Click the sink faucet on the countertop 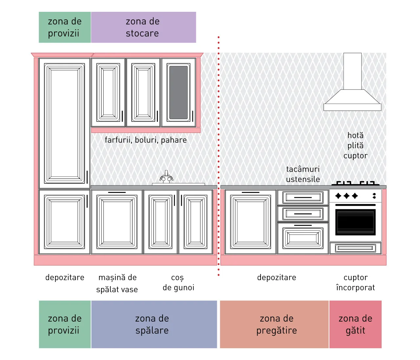click(166, 177)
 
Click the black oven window click(355, 222)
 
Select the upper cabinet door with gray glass click(178, 93)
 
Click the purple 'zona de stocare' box click(143, 27)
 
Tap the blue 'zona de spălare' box click(154, 324)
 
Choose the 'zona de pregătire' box click(274, 324)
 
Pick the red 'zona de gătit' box click(355, 324)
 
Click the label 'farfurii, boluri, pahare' click(146, 140)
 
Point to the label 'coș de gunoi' click(178, 283)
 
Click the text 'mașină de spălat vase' click(117, 283)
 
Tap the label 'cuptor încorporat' click(355, 283)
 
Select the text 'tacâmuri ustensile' click(303, 174)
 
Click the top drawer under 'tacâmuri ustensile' click(303, 197)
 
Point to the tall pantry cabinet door click(64, 123)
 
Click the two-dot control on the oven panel click(374, 196)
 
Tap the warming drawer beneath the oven click(355, 248)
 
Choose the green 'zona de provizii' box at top click(65, 27)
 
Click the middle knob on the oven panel click(346, 196)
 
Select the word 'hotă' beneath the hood click(355, 135)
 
